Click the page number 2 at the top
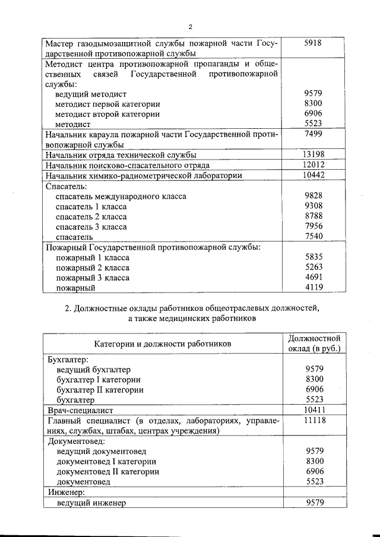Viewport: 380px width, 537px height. pos(190,27)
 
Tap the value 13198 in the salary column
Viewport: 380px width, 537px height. pos(313,155)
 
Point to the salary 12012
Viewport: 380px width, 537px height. pos(313,165)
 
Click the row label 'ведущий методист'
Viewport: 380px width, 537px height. pos(90,94)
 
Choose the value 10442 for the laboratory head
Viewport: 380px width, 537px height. pos(313,175)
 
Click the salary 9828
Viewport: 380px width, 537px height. pos(313,196)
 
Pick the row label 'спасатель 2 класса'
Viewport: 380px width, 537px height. pos(91,216)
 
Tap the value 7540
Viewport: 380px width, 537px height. pos(313,236)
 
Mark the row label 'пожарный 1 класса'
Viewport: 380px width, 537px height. pos(93,258)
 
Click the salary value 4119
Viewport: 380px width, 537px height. pos(313,288)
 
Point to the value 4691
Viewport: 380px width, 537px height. pos(313,278)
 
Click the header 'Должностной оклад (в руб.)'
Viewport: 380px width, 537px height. pos(313,344)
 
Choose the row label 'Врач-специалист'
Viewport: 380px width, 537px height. pos(79,410)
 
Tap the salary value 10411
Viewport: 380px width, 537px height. pos(313,410)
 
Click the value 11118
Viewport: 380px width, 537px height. pos(313,420)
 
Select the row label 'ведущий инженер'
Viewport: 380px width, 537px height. pos(92,503)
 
